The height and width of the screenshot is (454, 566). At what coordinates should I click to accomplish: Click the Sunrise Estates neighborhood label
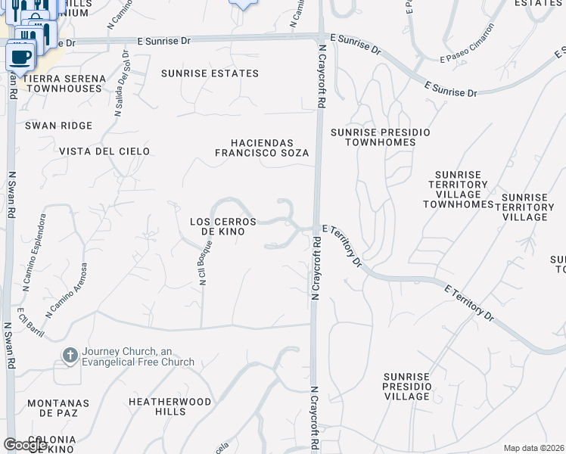pos(210,73)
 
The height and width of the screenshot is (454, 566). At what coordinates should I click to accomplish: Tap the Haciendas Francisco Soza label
pos(261,148)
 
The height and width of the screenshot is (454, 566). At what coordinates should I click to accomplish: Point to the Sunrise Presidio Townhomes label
pos(380,137)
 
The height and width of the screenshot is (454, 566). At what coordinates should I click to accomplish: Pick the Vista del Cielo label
pos(98,151)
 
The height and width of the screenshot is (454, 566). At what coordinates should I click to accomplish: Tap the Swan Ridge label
pos(58,126)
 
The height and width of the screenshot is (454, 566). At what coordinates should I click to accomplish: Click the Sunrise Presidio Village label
pos(406,387)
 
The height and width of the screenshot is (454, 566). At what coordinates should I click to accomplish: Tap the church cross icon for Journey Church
pos(70,356)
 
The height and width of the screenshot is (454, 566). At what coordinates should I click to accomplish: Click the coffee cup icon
pos(20,55)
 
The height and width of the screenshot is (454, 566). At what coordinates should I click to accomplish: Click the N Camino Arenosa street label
pos(67,289)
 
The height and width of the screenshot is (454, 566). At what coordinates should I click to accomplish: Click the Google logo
pos(24,445)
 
